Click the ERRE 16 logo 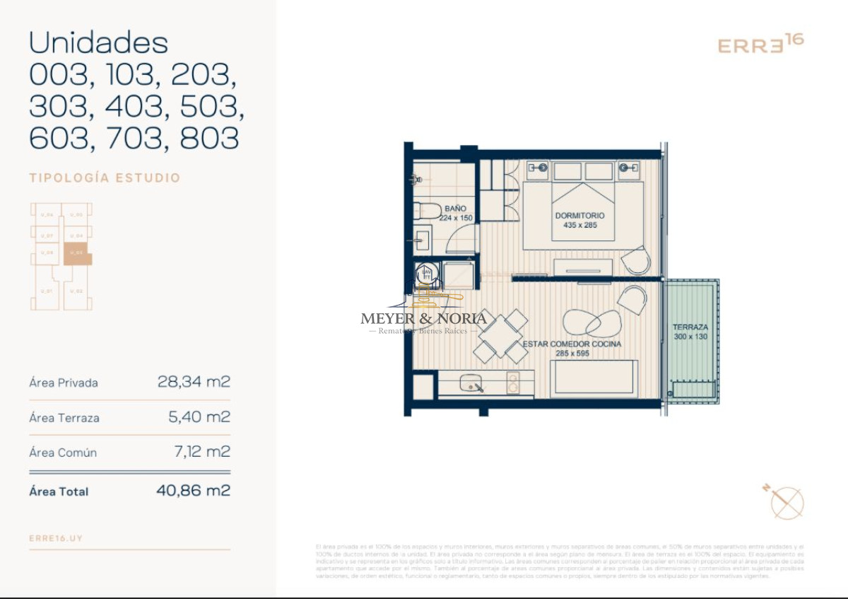pyautogui.click(x=760, y=44)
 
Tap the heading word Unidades pyautogui.click(x=98, y=43)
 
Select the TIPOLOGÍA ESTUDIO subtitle pyautogui.click(x=105, y=178)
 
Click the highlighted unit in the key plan pyautogui.click(x=77, y=253)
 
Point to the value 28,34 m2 pyautogui.click(x=194, y=383)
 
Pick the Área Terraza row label pyautogui.click(x=64, y=418)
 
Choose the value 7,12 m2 pyautogui.click(x=201, y=452)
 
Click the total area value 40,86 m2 pyautogui.click(x=193, y=490)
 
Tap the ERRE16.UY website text pyautogui.click(x=56, y=538)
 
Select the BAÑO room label pyautogui.click(x=456, y=209)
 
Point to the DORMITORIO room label pyautogui.click(x=579, y=216)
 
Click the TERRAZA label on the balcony pyautogui.click(x=690, y=328)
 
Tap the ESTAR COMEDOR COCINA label pyautogui.click(x=572, y=344)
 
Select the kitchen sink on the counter pyautogui.click(x=472, y=384)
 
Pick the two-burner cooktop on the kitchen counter pyautogui.click(x=513, y=383)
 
